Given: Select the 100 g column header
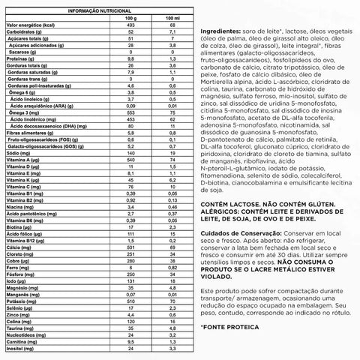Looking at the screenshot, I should (130, 19).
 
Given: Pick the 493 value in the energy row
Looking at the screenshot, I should (130, 26).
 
